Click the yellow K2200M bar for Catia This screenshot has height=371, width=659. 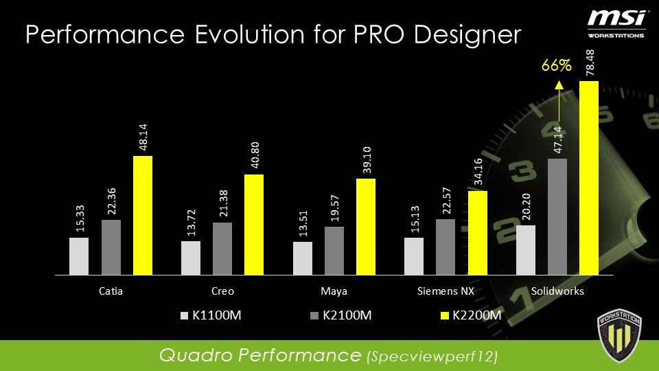[142, 215]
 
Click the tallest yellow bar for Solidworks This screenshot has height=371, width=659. [589, 177]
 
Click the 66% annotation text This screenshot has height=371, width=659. [557, 66]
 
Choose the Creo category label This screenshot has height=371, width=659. [222, 291]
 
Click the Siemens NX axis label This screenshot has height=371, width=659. [446, 291]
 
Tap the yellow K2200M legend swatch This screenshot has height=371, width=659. [444, 315]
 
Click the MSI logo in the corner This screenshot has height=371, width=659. [616, 21]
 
